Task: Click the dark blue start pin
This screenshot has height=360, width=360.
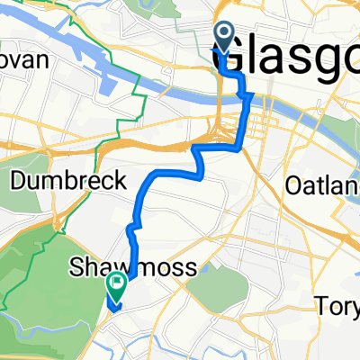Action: (x=223, y=37)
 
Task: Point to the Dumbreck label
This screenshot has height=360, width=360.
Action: (x=69, y=181)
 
